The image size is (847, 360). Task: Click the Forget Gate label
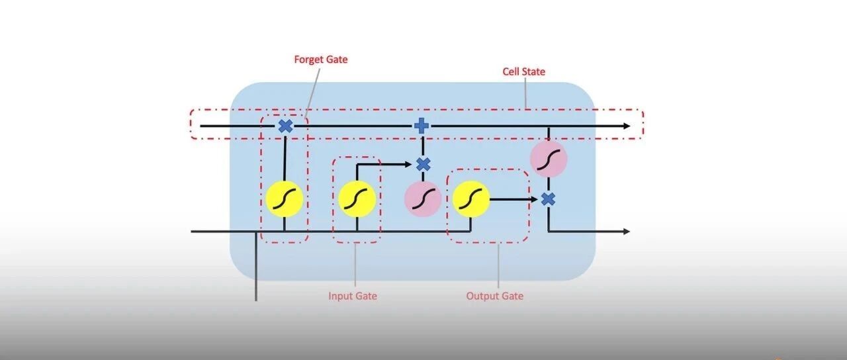click(x=321, y=60)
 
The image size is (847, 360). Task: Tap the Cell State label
click(x=523, y=71)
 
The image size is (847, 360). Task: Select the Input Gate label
click(x=353, y=296)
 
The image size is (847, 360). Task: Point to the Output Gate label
click(x=494, y=296)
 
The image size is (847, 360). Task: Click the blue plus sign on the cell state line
click(x=422, y=126)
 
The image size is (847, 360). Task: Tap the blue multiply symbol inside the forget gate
click(x=285, y=126)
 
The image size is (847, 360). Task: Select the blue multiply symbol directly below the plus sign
click(x=423, y=165)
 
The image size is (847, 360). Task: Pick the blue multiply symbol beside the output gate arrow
click(x=548, y=199)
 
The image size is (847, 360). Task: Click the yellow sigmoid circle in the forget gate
click(x=285, y=199)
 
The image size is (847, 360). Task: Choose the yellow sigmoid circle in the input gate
click(x=357, y=199)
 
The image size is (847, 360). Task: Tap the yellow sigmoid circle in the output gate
click(x=471, y=199)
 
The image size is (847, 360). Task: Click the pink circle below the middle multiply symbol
click(x=423, y=199)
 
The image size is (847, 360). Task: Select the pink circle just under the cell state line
click(x=549, y=159)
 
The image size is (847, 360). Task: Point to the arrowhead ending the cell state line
click(x=627, y=126)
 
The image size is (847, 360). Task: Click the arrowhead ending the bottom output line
click(x=626, y=231)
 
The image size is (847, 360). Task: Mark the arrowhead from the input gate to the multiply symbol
click(x=408, y=165)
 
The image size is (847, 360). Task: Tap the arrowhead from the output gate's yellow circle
click(x=534, y=199)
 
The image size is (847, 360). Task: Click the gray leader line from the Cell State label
click(x=525, y=93)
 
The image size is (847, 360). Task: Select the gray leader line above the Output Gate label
click(x=498, y=266)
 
